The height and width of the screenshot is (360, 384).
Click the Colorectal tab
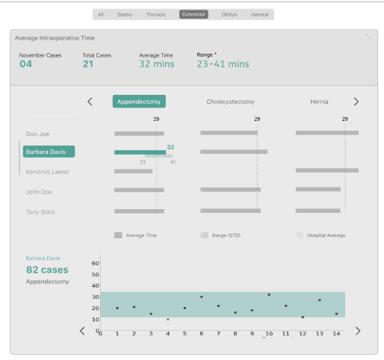click(193, 14)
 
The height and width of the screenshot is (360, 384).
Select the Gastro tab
click(125, 15)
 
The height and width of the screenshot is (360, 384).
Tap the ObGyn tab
click(229, 15)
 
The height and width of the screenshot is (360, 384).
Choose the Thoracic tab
click(155, 15)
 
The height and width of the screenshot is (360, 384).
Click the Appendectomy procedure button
click(139, 102)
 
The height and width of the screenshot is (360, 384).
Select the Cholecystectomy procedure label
click(230, 102)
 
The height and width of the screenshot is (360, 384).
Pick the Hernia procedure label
click(319, 102)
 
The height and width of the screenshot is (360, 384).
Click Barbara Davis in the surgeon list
click(49, 152)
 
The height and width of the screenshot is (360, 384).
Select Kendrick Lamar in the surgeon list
click(47, 172)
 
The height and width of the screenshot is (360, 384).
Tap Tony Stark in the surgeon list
click(40, 212)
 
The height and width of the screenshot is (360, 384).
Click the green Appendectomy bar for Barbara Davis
click(140, 152)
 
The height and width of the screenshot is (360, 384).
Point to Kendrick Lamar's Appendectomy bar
click(133, 171)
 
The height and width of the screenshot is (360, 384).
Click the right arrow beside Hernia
click(356, 102)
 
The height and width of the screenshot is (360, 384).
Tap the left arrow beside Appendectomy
click(90, 102)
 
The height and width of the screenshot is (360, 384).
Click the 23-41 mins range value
click(223, 64)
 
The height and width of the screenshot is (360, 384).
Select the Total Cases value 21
click(88, 64)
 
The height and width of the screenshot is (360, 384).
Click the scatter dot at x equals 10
click(269, 295)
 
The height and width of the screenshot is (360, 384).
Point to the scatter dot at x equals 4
click(168, 319)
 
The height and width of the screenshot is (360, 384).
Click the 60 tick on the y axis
click(96, 263)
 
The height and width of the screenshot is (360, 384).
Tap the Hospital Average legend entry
click(320, 235)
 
